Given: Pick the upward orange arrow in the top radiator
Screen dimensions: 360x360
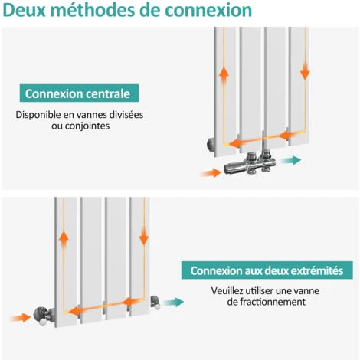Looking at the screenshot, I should point(224,75).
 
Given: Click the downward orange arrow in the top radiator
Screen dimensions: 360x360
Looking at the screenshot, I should point(305,70).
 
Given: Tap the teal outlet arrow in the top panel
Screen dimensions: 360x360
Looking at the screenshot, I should point(290,161).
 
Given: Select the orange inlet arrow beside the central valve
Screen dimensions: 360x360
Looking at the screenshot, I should point(210,172).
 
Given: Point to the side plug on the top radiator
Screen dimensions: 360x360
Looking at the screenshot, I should point(211,142).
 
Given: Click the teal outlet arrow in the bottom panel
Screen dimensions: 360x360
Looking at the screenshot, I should point(174,303).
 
